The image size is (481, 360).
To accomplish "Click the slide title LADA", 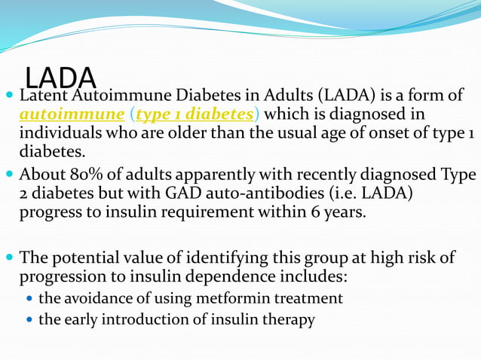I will pyautogui.click(x=61, y=77).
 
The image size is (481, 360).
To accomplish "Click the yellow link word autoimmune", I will pyautogui.click(x=72, y=114).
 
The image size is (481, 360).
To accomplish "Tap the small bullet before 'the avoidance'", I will pyautogui.click(x=29, y=299).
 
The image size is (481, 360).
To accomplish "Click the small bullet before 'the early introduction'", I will pyautogui.click(x=29, y=320).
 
